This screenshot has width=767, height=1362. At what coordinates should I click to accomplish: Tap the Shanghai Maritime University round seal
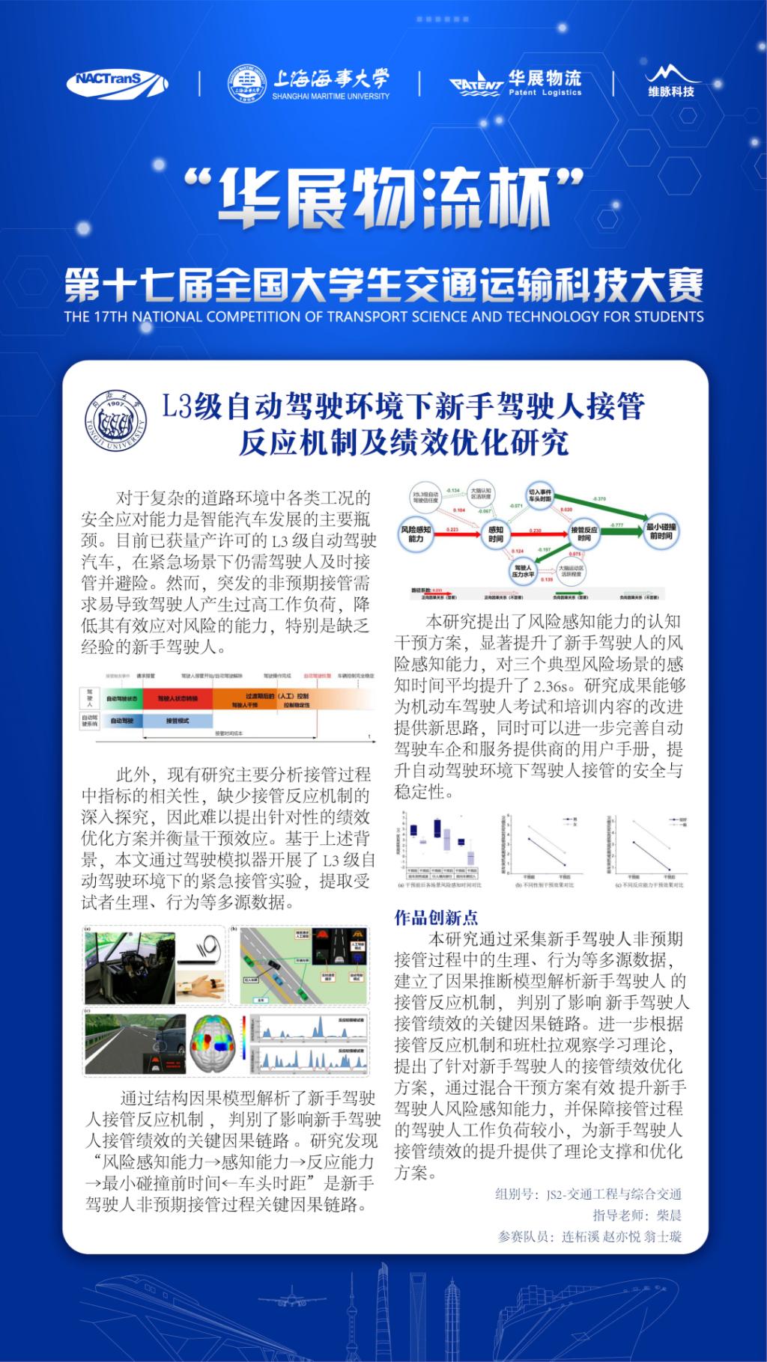coord(246,83)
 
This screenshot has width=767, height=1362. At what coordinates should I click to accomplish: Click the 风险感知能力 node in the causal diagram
coord(416,534)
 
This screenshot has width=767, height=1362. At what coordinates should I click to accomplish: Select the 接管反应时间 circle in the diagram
coord(583,534)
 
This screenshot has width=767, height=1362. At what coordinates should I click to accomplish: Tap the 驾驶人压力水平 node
coord(522,572)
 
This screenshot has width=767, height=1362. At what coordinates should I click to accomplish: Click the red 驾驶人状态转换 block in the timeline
coord(178,699)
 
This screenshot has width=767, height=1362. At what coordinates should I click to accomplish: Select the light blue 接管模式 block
coord(178,721)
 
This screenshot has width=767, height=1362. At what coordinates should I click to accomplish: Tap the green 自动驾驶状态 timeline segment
coord(121,699)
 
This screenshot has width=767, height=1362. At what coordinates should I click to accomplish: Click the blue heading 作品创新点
coord(436,917)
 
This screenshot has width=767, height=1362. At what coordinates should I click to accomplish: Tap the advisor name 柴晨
coord(669,1215)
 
